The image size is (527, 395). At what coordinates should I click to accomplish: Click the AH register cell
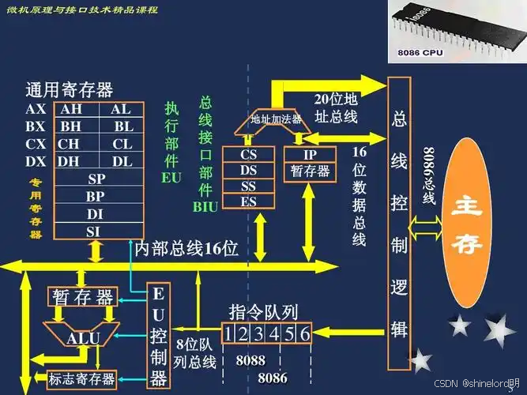pos(71,109)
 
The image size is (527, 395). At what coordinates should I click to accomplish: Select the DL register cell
pos(122,160)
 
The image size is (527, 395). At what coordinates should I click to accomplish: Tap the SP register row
pos(96,179)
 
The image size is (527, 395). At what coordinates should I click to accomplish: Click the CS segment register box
pos(249,154)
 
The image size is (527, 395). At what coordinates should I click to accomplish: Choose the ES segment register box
pos(249,201)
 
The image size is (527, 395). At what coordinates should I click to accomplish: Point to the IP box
pos(309,154)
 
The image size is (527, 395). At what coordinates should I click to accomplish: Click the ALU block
pos(82,338)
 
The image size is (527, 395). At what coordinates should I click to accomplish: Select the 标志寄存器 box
pos(81,378)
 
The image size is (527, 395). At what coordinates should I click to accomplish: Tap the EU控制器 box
pos(159,337)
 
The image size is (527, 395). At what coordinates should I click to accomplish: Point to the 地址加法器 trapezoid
pos(275,119)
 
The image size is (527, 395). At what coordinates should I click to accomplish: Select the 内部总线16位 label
pos(186,250)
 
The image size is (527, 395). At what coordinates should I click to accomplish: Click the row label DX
pos(36,161)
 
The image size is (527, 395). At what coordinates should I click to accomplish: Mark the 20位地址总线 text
pos(336,108)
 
